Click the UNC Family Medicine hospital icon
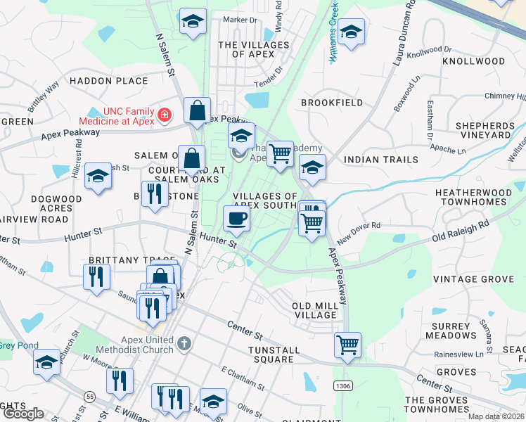[x=164, y=114]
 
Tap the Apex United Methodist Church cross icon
[x=184, y=343]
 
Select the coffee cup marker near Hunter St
[x=236, y=219]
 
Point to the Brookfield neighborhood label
[x=332, y=103]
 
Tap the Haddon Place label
[x=109, y=81]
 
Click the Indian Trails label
[x=381, y=160]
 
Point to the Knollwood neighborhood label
[x=473, y=61]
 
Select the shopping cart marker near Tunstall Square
[x=347, y=345]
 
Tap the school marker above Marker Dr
[x=191, y=21]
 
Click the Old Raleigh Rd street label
[x=461, y=231]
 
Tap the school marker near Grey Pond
[x=47, y=363]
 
